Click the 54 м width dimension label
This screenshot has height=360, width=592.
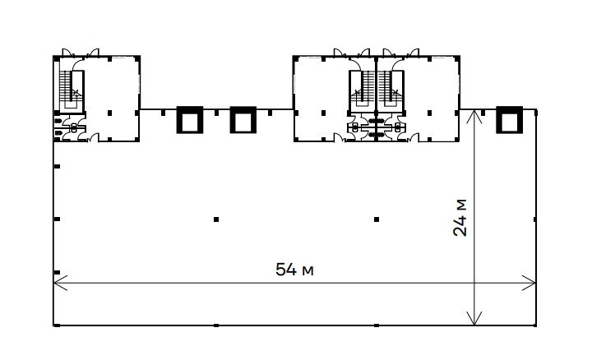click(294, 270)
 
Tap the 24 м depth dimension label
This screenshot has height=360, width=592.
click(460, 217)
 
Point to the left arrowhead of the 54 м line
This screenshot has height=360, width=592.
click(60, 283)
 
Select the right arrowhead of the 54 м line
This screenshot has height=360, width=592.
click(529, 283)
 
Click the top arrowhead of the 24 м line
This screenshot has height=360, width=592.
click(474, 116)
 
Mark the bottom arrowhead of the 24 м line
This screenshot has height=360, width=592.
click(474, 318)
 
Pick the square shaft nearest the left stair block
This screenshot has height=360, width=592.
click(190, 120)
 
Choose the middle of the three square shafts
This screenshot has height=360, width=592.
click(243, 120)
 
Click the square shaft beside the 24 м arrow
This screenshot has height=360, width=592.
click(509, 120)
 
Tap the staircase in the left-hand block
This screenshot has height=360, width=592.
click(72, 90)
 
